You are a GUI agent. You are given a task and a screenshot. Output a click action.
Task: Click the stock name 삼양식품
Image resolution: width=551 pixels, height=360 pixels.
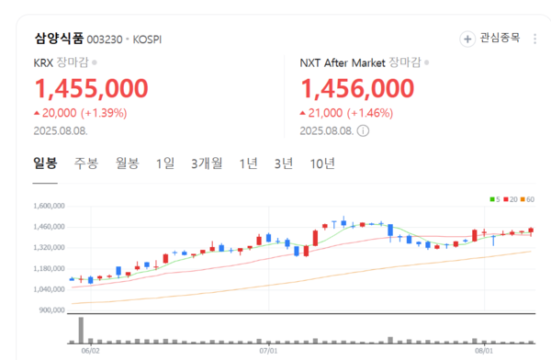click(x=59, y=39)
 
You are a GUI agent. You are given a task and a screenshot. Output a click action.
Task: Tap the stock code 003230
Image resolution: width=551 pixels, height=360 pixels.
click(x=104, y=39)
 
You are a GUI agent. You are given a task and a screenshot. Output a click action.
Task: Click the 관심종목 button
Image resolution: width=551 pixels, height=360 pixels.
click(x=491, y=39)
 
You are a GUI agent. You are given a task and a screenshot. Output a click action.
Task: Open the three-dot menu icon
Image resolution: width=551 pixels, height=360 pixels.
click(x=536, y=39)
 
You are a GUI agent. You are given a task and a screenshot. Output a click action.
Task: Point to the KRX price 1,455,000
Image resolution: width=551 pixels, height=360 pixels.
click(x=91, y=88)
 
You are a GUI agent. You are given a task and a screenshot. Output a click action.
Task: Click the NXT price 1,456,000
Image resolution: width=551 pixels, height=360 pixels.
click(x=357, y=88)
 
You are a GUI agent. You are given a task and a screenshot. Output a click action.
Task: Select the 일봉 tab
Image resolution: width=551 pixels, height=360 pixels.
click(x=45, y=163)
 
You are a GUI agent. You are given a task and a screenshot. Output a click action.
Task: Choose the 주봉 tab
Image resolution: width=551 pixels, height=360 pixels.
click(x=86, y=163)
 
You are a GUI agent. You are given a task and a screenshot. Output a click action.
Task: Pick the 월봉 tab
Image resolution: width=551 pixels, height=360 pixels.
click(x=127, y=163)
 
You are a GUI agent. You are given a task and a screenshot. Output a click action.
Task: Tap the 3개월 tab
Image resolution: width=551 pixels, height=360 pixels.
click(x=207, y=163)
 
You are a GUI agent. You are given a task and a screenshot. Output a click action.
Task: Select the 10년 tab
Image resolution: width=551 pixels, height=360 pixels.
click(x=322, y=163)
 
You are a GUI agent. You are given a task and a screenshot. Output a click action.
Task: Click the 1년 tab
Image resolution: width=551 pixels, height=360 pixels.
click(x=248, y=163)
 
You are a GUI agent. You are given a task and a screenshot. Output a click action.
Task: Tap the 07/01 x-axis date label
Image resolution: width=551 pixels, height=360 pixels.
click(x=267, y=350)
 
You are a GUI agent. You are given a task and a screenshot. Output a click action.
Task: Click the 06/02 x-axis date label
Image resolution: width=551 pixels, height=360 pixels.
click(x=90, y=350)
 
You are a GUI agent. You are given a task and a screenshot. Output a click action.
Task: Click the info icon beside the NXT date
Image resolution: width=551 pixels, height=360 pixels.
click(x=363, y=130)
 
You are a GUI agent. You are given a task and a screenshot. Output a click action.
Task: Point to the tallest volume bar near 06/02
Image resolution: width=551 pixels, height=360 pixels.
click(x=81, y=330)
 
